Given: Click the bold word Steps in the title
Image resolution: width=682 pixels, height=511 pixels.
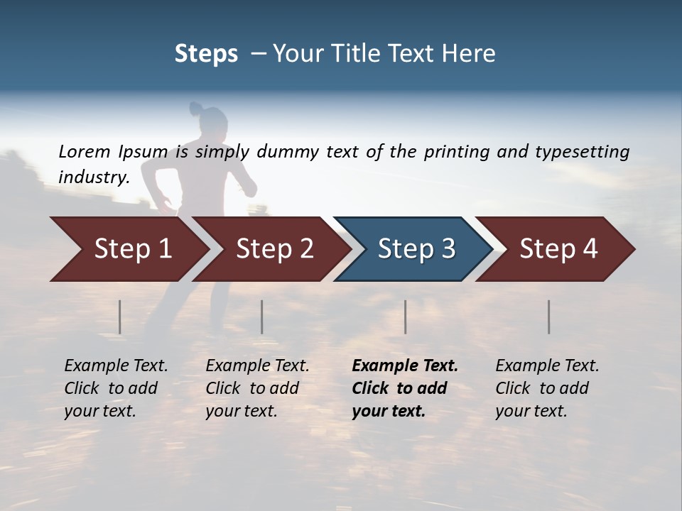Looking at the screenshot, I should [x=206, y=54].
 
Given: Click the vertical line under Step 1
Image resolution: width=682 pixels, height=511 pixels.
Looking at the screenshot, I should [x=120, y=317].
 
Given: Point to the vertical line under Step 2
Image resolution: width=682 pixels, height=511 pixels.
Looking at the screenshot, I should [x=262, y=317].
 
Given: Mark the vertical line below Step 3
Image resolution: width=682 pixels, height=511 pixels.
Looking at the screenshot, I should [x=405, y=317].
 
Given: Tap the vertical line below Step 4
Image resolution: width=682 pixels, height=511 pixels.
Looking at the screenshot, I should [x=549, y=317].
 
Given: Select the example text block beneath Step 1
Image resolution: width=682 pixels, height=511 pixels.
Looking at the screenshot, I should [x=116, y=388].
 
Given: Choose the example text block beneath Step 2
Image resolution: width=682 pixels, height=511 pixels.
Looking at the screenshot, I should [x=257, y=388].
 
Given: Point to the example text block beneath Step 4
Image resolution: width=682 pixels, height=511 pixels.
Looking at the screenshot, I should [x=547, y=388].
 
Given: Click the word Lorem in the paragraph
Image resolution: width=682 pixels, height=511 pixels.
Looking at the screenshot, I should [x=85, y=151].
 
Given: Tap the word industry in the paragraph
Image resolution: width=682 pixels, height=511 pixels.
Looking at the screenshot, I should [x=94, y=177].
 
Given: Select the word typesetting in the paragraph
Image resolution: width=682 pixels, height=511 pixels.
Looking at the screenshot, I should [x=582, y=152].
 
